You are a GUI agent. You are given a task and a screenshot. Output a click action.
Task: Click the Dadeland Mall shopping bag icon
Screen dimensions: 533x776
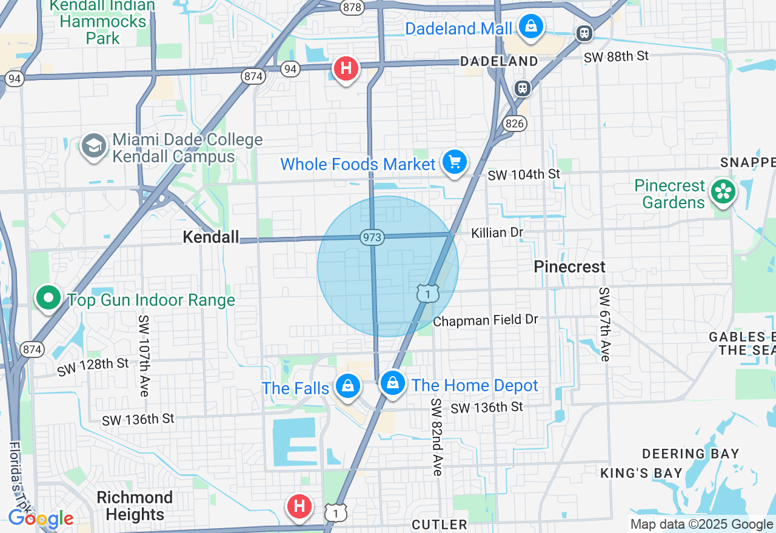point(530,27)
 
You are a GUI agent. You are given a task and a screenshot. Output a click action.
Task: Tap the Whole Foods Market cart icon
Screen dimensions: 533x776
point(455,162)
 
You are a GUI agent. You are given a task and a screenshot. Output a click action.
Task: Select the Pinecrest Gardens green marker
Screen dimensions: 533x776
point(723,192)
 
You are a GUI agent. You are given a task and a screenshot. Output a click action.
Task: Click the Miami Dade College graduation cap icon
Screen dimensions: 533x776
point(94,147)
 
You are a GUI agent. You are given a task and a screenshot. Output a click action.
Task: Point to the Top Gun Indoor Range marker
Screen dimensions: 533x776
point(48,298)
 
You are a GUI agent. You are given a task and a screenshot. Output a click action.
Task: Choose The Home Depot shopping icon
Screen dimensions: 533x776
point(393,383)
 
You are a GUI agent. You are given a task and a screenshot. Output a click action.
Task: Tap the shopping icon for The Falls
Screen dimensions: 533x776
point(348,386)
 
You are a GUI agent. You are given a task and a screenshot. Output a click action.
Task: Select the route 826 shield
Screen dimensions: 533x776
point(514,124)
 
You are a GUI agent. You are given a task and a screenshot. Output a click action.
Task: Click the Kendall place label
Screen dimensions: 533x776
point(211,237)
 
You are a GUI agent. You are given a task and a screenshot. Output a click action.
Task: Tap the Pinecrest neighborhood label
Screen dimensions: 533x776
point(569,266)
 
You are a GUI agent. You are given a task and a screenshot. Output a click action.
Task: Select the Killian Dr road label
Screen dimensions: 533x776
point(497,233)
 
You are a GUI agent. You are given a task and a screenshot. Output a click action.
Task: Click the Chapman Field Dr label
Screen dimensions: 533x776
point(485,320)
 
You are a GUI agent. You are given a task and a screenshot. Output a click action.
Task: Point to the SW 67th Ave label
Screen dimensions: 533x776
point(604,324)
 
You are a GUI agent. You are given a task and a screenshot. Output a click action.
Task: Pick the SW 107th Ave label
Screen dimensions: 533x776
point(144,356)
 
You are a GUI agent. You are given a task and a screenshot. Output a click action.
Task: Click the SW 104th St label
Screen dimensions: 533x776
point(524,174)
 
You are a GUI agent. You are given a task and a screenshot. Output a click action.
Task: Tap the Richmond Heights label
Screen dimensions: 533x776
point(135,506)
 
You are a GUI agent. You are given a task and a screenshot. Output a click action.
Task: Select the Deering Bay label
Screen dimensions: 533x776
point(691,453)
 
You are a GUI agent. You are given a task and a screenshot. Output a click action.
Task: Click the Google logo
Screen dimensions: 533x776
point(40,518)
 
